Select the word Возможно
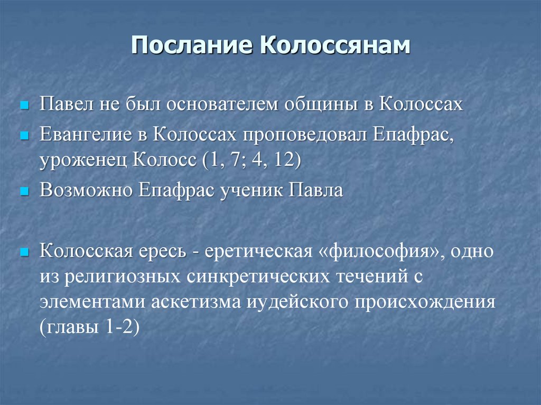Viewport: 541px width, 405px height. (x=87, y=190)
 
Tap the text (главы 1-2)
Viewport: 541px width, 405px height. (x=89, y=328)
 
